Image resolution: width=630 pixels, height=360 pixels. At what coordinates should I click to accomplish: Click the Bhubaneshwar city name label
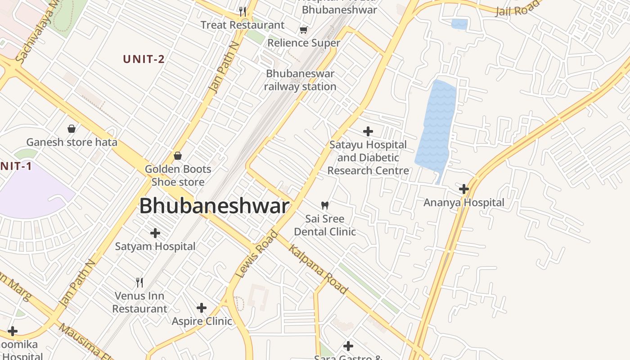pyautogui.click(x=214, y=206)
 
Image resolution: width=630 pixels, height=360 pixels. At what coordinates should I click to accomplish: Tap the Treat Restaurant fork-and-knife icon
pyautogui.click(x=243, y=11)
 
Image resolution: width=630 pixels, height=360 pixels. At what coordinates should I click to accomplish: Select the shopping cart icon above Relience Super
pyautogui.click(x=304, y=30)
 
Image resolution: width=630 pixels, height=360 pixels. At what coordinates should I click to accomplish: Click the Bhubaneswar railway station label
pyautogui.click(x=300, y=80)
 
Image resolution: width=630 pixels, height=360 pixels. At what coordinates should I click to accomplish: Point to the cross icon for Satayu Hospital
pyautogui.click(x=368, y=131)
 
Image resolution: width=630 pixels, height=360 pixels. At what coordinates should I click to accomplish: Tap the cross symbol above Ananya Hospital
pyautogui.click(x=464, y=189)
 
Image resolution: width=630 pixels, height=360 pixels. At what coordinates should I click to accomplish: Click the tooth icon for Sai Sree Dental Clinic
pyautogui.click(x=324, y=206)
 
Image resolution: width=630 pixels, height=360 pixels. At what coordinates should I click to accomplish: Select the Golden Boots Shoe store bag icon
pyautogui.click(x=178, y=156)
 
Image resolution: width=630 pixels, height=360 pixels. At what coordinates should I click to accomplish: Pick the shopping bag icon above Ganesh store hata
pyautogui.click(x=72, y=129)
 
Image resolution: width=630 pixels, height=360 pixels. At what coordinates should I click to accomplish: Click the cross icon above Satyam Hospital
pyautogui.click(x=155, y=233)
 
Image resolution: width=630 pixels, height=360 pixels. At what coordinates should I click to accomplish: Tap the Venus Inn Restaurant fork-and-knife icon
pyautogui.click(x=139, y=283)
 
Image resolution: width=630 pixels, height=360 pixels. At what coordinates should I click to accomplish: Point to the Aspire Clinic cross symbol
pyautogui.click(x=202, y=308)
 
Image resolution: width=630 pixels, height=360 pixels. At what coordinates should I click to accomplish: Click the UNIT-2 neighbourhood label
pyautogui.click(x=144, y=59)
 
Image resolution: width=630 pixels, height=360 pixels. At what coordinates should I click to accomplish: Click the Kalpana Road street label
pyautogui.click(x=318, y=269)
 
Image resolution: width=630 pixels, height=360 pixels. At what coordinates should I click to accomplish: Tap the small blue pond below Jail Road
pyautogui.click(x=459, y=24)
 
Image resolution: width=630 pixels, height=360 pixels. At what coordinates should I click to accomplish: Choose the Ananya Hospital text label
pyautogui.click(x=464, y=202)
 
